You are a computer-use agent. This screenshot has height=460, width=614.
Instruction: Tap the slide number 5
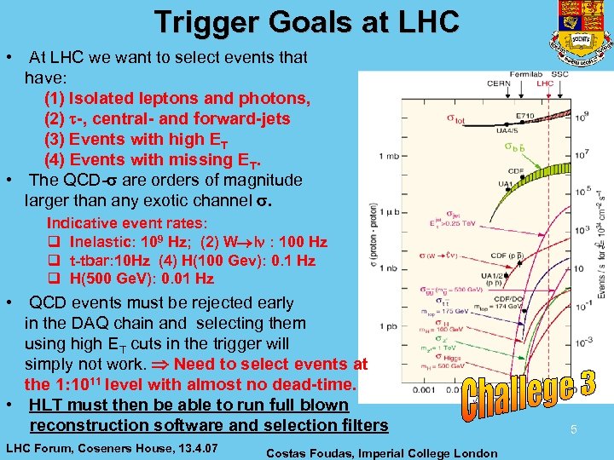pyautogui.click(x=574, y=430)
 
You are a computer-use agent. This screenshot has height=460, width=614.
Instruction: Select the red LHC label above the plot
pyautogui.click(x=545, y=83)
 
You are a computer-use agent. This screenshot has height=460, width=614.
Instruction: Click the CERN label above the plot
pyautogui.click(x=497, y=83)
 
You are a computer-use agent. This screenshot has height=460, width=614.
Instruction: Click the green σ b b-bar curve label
pyautogui.click(x=511, y=147)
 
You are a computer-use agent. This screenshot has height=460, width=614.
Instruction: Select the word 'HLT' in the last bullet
pyautogui.click(x=47, y=405)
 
